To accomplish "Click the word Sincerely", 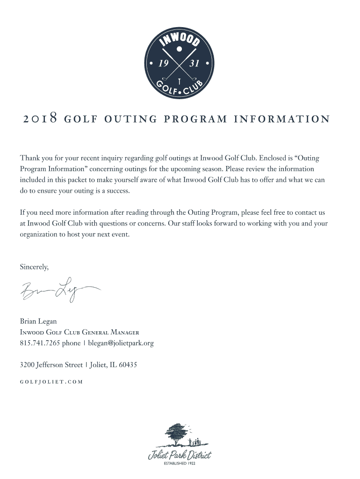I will click(x=34, y=267).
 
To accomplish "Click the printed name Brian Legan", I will click(x=38, y=321).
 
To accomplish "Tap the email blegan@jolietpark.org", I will click(x=121, y=343).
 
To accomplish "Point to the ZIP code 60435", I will click(x=128, y=364).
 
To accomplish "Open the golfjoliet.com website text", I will click(x=51, y=381).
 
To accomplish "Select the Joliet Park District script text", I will click(x=180, y=455).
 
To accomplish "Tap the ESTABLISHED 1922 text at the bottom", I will click(x=180, y=464).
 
